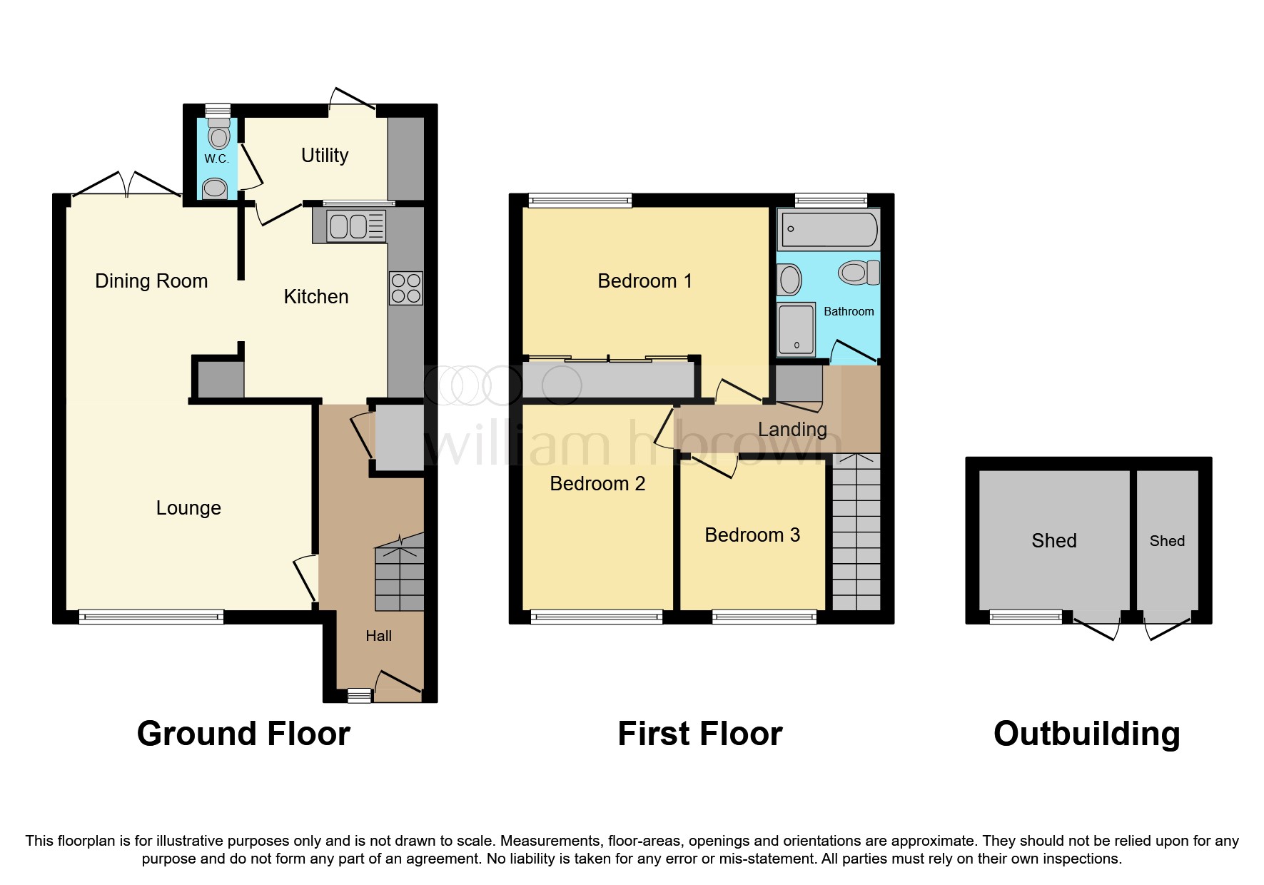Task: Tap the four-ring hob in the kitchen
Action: point(405,288)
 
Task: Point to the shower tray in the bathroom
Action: point(795,329)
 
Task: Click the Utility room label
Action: point(325,156)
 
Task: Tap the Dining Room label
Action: point(151,281)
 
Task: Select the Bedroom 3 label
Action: point(752,535)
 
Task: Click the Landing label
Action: point(792,430)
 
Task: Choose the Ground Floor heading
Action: point(243,734)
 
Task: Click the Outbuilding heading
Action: point(1086,734)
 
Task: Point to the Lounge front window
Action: point(151,617)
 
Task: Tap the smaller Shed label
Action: point(1167,541)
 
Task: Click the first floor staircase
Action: point(856,535)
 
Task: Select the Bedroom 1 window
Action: point(580,201)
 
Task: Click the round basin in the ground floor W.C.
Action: point(215,189)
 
